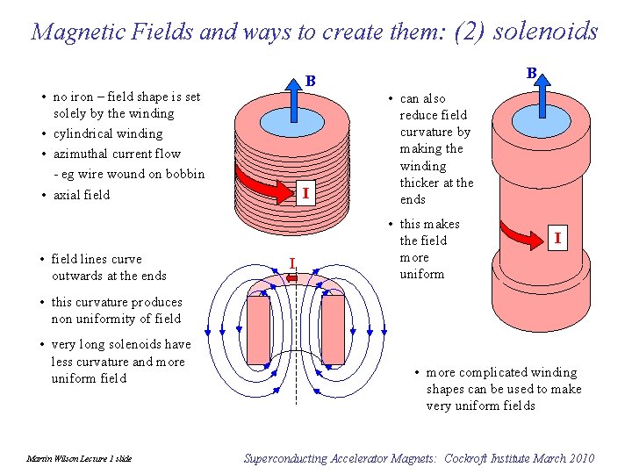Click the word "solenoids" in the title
546,31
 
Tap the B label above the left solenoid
310,81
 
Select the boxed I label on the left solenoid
304,192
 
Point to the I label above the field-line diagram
292,261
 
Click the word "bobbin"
184,174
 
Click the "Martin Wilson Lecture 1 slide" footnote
79,459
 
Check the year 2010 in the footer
579,458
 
